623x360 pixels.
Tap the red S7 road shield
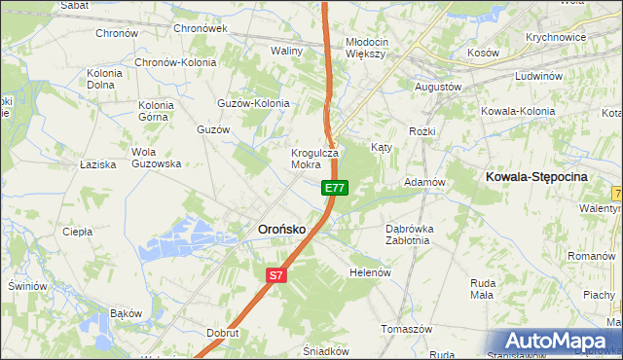click(276, 275)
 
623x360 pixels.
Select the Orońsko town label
click(281, 230)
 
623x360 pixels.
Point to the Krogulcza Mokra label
click(314, 159)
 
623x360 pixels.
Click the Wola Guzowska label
click(157, 158)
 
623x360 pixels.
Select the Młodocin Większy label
click(367, 48)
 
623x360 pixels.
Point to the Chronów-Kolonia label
click(176, 61)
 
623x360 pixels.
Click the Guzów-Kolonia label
click(254, 102)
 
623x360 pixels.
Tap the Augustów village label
click(438, 87)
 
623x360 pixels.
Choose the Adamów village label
click(424, 182)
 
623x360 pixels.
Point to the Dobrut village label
click(223, 332)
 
